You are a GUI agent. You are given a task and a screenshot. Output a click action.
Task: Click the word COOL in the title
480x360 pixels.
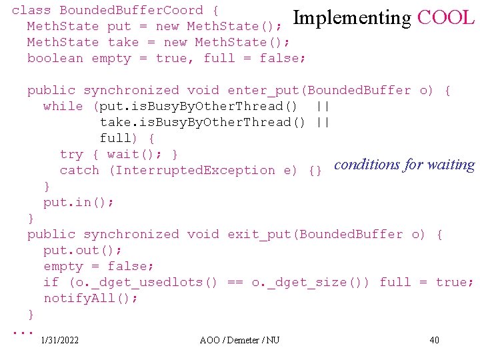[x=445, y=18]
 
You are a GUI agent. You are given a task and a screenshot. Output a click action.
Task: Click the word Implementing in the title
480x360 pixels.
[x=352, y=18]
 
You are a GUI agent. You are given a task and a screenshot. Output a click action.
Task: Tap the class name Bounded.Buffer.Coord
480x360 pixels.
[x=131, y=10]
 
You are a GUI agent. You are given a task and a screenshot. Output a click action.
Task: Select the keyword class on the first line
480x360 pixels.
[x=31, y=10]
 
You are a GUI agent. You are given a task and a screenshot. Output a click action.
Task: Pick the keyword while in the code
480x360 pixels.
[x=63, y=106]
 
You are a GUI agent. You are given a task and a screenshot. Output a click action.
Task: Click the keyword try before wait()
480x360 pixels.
[x=71, y=154]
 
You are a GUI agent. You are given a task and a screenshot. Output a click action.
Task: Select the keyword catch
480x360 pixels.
[x=79, y=170]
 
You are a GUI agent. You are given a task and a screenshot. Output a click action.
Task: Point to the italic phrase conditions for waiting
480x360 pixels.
[x=404, y=165]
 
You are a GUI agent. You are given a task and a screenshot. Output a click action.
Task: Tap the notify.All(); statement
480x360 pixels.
[x=91, y=298]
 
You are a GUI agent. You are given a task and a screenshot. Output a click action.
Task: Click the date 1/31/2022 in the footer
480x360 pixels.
[x=59, y=341]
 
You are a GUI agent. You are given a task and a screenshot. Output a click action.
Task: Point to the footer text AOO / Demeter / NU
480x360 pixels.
[x=240, y=341]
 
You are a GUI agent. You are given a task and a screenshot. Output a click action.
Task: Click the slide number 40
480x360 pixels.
[x=435, y=341]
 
